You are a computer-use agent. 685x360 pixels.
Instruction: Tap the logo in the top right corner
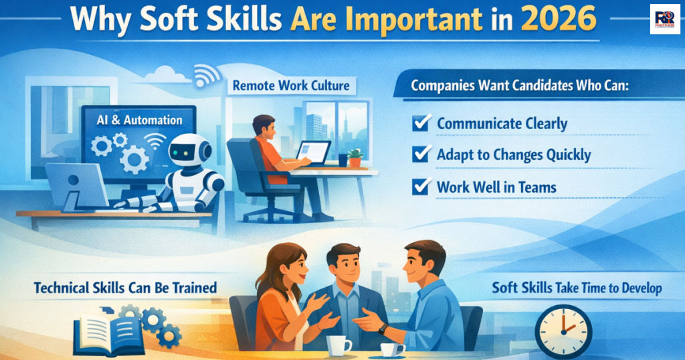664,19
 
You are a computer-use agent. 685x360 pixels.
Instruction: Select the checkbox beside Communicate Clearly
421,123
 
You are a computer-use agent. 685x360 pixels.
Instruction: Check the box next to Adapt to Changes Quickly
421,154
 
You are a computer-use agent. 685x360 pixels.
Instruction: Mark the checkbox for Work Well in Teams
421,186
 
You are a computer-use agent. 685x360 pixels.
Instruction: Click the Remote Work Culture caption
291,86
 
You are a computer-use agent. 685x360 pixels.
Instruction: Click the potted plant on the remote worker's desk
355,157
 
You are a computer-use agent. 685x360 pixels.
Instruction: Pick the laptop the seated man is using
314,153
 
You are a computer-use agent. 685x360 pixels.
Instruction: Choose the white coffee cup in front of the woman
338,345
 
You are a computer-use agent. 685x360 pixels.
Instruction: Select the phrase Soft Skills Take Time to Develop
577,288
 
